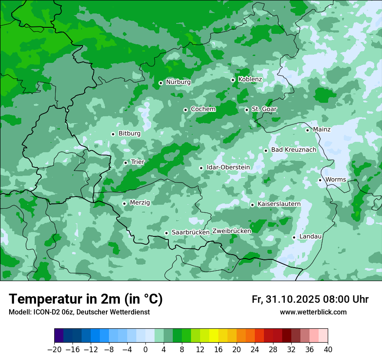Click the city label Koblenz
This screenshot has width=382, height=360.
click(x=250, y=79)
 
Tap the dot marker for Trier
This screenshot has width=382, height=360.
click(x=125, y=163)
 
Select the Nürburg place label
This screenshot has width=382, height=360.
click(x=178, y=82)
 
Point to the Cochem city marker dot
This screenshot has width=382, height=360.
click(x=185, y=110)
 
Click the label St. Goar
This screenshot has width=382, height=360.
click(x=264, y=109)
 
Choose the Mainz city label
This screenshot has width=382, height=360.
click(x=322, y=129)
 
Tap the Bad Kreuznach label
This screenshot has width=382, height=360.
click(x=293, y=150)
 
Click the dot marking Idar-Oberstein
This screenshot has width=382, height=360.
click(x=201, y=168)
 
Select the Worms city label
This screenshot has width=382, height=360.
click(x=336, y=180)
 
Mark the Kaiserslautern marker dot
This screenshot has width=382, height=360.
click(x=252, y=205)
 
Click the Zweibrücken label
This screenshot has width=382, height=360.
click(x=231, y=231)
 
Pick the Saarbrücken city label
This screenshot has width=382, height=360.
click(x=191, y=232)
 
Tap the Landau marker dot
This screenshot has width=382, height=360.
click(x=294, y=237)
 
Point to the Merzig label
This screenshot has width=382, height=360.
click(x=140, y=203)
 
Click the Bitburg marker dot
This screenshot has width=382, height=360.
click(x=113, y=134)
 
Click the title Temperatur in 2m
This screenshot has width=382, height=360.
click(x=86, y=299)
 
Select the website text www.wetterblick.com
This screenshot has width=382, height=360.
click(x=313, y=312)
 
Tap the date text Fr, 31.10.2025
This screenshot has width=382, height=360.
click(x=286, y=299)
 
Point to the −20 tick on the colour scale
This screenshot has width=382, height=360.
click(x=54, y=350)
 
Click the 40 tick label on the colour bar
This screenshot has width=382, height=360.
click(x=328, y=350)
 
